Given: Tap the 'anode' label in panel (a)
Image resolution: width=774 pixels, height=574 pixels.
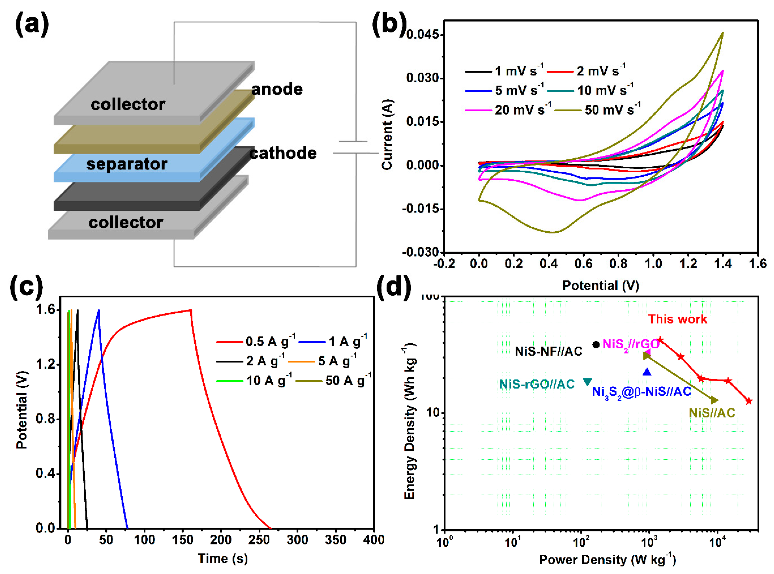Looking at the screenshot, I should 277,89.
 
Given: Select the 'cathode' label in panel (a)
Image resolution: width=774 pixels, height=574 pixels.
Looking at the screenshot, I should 283,153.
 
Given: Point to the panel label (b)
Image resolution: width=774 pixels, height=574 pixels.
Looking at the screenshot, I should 389,24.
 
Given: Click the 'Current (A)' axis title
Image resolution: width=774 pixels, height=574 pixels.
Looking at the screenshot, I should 387,135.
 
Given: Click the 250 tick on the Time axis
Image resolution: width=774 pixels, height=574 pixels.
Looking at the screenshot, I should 259,540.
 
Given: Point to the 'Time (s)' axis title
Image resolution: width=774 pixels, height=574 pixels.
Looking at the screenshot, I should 223,558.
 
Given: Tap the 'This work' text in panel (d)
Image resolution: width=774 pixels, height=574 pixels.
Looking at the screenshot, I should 677,319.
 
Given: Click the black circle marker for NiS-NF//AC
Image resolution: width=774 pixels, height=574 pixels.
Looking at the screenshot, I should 596,345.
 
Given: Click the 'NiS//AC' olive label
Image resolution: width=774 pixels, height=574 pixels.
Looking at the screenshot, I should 712,413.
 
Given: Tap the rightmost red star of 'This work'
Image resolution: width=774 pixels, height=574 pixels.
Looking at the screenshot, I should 749,401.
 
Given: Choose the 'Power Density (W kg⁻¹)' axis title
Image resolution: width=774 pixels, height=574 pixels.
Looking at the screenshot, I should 607,560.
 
